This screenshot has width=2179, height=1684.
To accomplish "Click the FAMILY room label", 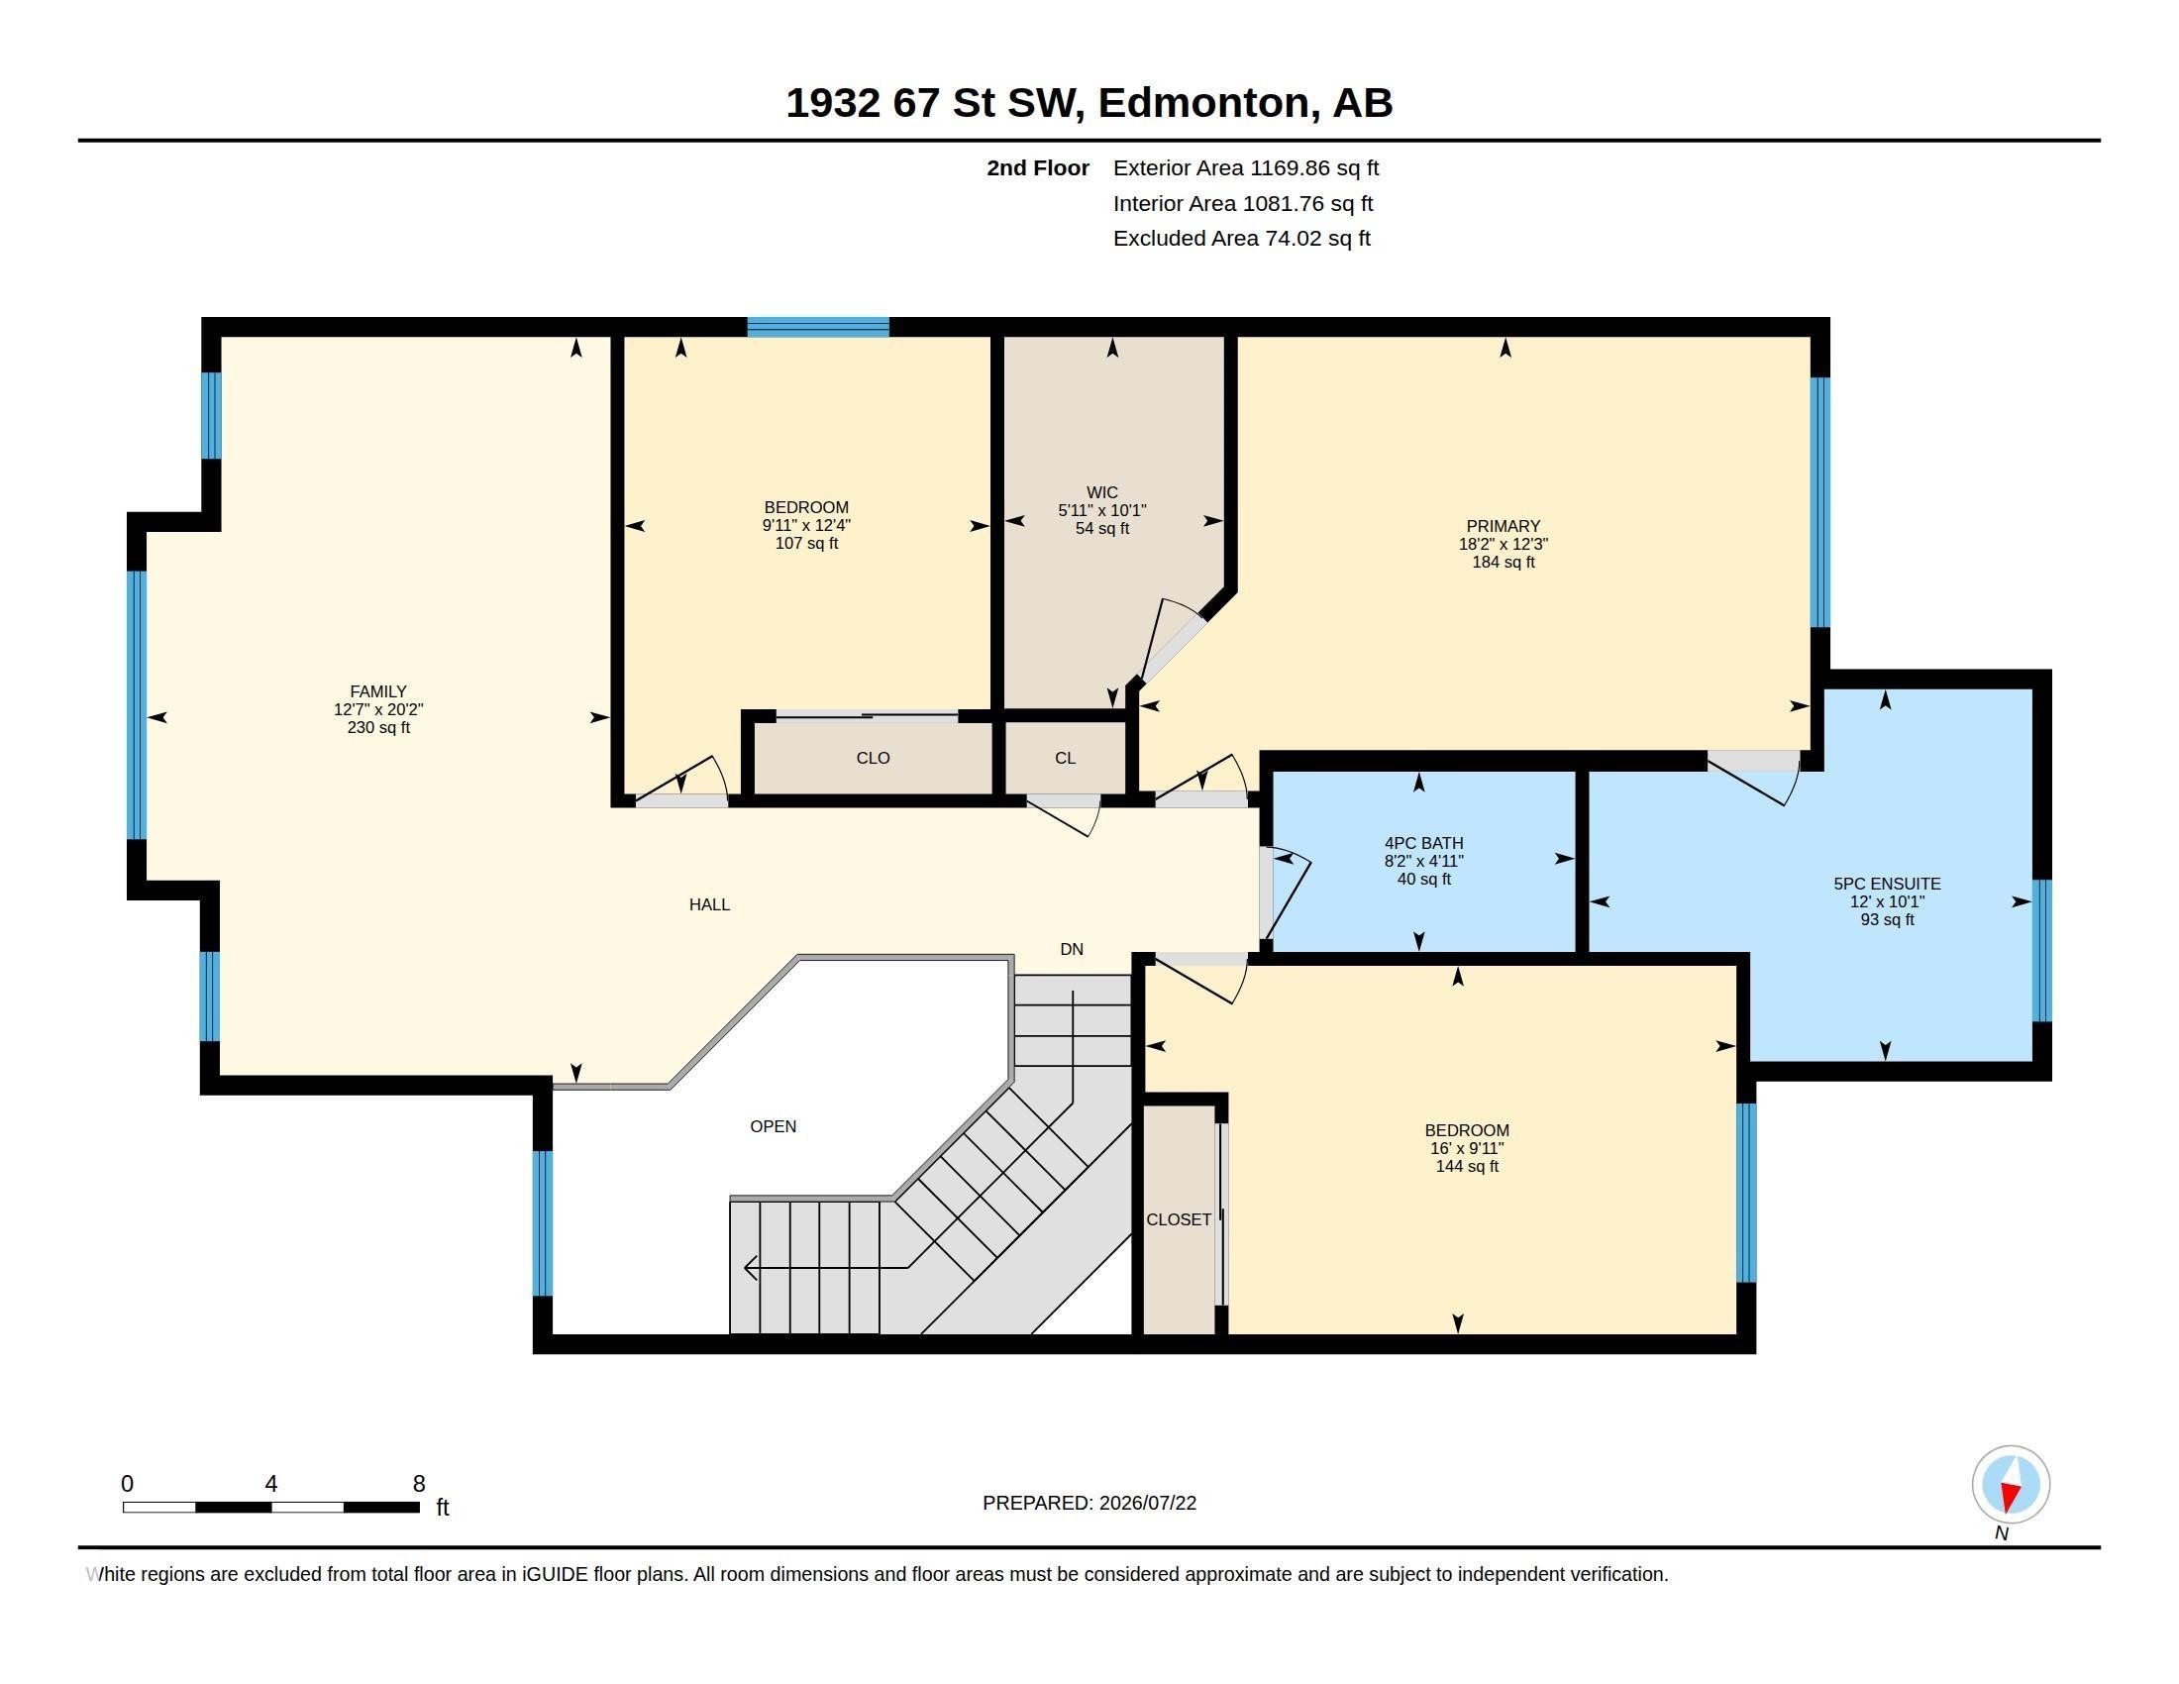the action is coord(378,691).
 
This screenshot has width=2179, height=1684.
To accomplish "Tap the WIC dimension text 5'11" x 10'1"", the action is coord(1102,511).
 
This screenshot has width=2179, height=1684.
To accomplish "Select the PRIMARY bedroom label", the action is coord(1504,526).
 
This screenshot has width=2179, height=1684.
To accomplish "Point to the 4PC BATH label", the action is coord(1423,843).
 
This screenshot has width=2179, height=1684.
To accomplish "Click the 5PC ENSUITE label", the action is coord(1888,884).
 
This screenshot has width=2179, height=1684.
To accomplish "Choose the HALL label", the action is coord(709,904).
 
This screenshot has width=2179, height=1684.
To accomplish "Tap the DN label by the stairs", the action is coord(1072,950).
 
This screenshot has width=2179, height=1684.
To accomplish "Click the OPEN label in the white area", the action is coord(774,1126).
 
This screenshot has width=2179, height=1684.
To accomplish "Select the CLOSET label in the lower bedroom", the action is coord(1180,1220).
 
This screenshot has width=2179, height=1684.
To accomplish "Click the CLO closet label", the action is coord(873,758).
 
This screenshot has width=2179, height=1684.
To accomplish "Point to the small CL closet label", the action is coord(1066,758).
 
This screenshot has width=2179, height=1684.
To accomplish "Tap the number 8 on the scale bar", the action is coord(419,1484).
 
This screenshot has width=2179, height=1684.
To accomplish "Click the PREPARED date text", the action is coord(1089,1503).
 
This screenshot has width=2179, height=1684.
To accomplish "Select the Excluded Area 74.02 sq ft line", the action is coord(1242,239).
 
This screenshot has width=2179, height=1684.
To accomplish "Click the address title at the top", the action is coord(1089,103).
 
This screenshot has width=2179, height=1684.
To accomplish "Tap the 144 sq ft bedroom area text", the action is coord(1467,1166).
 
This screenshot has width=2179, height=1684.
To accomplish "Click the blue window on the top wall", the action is coord(818,326).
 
